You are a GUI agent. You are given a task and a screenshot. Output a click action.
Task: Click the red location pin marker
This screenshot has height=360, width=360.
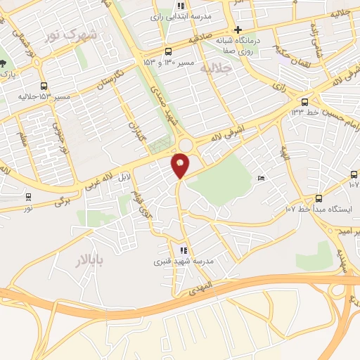(x=181, y=166)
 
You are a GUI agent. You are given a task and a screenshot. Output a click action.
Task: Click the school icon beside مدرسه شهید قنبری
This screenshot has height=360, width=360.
(x=184, y=250)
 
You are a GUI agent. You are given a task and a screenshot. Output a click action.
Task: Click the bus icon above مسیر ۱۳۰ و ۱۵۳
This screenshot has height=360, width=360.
(x=167, y=51)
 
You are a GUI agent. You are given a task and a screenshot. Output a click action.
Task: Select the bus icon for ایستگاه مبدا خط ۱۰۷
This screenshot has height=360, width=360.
(x=319, y=198)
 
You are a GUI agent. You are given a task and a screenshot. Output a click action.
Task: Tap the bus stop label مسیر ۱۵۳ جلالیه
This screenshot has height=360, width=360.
(x=34, y=96)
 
